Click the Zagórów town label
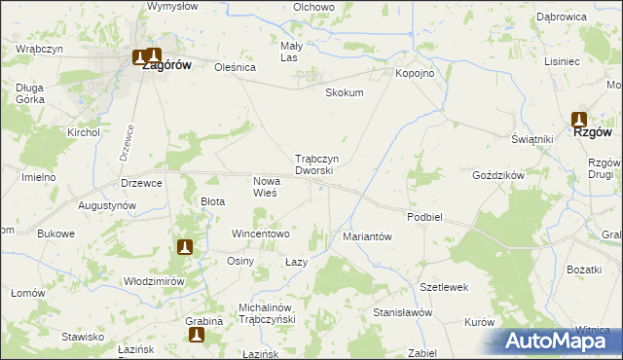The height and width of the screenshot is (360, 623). point(159,66)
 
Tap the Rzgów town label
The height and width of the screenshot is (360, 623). point(591,133)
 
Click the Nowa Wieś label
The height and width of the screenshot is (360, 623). point(266,187)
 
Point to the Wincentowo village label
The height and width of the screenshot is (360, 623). point(260,234)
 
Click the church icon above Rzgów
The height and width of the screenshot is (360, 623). point(578,119)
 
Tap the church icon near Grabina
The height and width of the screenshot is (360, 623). point(196,335)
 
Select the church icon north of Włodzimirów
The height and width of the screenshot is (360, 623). point(185,247)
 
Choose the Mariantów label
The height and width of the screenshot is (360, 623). point(367,236)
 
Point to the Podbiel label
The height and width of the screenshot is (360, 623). point(425,217)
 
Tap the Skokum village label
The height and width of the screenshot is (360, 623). point(344,93)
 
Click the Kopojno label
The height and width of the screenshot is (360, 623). point(413,73)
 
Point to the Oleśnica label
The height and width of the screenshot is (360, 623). point(235,68)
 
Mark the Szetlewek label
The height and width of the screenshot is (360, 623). point(445,287)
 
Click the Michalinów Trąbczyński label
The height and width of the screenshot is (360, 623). point(267,313)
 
